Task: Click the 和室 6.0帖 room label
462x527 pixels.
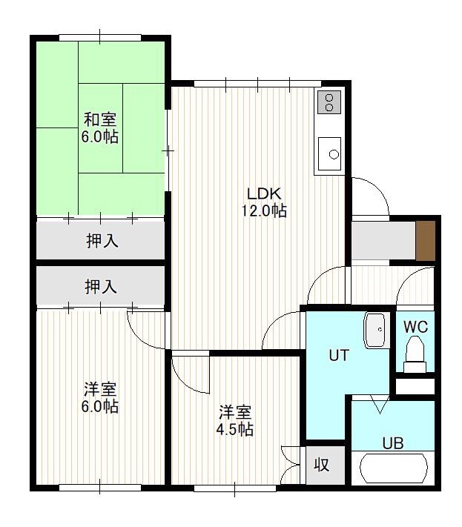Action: (100, 128)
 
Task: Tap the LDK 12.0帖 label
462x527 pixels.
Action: (264, 202)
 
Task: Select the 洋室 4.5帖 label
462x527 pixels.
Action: (234, 420)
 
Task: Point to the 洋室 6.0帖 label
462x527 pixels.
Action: (100, 397)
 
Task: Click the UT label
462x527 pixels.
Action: (339, 355)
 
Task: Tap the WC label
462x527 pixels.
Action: (415, 327)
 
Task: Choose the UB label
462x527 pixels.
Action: (393, 444)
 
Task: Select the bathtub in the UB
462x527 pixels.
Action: (394, 468)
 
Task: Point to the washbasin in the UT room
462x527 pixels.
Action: (374, 331)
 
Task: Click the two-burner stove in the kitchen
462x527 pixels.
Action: (329, 102)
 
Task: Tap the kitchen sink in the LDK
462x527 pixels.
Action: (329, 153)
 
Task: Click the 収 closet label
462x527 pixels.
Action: (321, 465)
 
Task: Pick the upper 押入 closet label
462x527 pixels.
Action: (102, 241)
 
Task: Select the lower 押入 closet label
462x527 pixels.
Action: (101, 287)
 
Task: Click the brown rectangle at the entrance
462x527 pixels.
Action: (426, 241)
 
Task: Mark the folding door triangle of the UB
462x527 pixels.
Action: (380, 404)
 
